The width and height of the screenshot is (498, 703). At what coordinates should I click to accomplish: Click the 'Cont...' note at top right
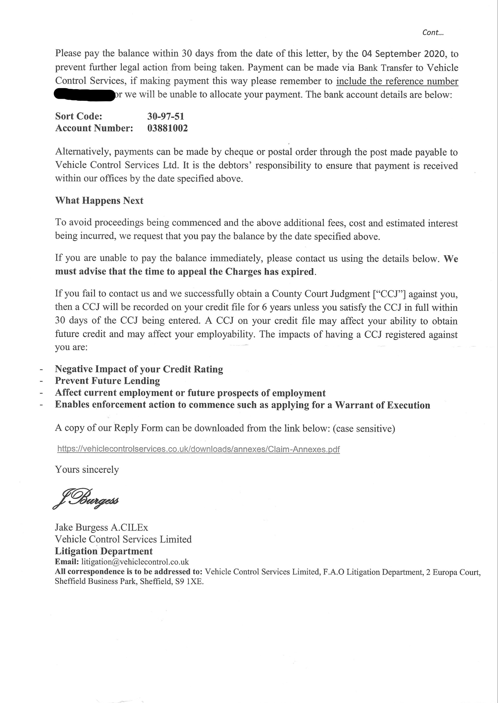point(433,32)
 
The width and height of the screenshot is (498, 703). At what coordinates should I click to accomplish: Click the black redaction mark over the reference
point(84,95)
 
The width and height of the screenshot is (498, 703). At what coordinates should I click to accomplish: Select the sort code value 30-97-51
point(166,116)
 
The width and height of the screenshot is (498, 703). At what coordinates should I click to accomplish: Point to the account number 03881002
point(167,128)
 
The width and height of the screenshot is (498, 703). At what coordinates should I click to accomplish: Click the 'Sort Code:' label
point(79,116)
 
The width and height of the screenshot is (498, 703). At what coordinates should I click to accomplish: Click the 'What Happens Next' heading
point(99,201)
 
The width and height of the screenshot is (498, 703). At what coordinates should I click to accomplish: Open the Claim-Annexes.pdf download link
point(199,449)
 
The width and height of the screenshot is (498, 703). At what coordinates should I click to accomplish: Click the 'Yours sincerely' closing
point(87,470)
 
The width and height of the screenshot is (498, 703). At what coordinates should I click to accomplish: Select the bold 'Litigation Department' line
point(104,551)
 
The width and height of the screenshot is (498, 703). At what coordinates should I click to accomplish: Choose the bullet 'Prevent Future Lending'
point(107,381)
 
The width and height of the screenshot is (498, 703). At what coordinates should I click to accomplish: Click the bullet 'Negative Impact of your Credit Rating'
point(139,369)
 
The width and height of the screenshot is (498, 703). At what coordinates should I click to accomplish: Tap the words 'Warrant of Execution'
point(382,405)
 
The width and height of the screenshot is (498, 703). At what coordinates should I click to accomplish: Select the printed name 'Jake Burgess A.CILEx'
point(102,527)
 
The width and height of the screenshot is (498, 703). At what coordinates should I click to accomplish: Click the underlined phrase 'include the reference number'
point(397,81)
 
